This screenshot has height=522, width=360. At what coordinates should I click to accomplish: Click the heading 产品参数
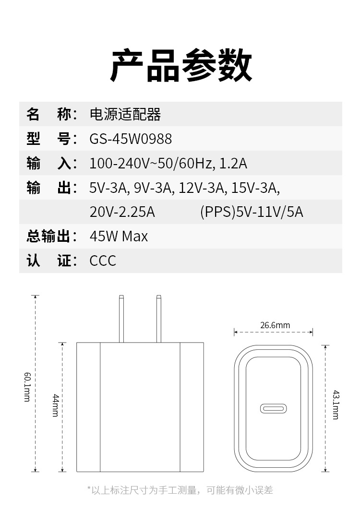coord(181,66)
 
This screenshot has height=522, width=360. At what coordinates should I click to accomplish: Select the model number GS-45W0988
coord(131,139)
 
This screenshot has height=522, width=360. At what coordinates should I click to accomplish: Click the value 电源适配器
coord(125,115)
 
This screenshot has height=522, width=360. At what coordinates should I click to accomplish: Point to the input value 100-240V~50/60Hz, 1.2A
coord(168,164)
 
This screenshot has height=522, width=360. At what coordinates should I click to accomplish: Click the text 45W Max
coord(119,237)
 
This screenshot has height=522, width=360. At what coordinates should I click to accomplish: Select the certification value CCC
coord(103,261)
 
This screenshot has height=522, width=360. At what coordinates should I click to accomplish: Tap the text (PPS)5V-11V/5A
coord(252,212)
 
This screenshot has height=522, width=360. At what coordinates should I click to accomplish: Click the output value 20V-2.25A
coord(122,212)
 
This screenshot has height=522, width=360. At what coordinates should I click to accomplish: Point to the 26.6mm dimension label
coord(275,325)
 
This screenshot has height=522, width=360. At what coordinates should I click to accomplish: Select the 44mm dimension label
coord(55,405)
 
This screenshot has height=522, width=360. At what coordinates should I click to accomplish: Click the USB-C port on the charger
coord(274,409)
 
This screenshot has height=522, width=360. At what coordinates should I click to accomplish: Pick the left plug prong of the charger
coord(122,319)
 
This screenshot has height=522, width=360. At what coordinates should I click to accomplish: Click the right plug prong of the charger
coord(158,319)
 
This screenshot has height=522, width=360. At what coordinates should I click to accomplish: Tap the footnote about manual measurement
coord(180,490)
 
